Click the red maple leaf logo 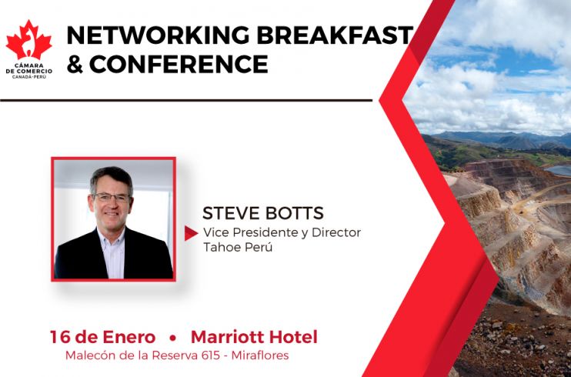point(28,41)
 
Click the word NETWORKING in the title point(158,35)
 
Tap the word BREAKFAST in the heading point(335,35)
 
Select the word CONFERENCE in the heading point(179,64)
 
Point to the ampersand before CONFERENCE point(75,65)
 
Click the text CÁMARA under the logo point(29,66)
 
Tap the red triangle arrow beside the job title point(191,233)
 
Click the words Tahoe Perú point(238,247)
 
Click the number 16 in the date point(59,337)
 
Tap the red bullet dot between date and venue point(172,339)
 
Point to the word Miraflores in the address point(260,355)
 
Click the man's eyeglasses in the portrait point(112,198)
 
